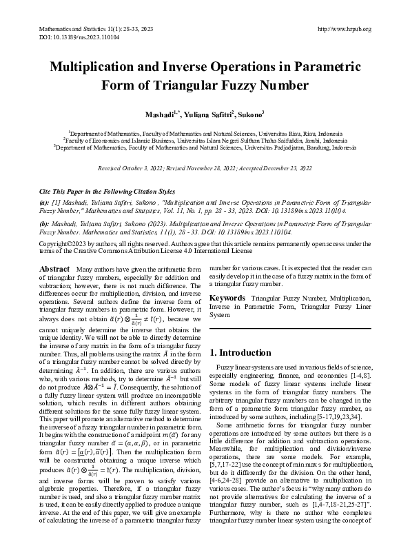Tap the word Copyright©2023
63,244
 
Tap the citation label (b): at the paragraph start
43,225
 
